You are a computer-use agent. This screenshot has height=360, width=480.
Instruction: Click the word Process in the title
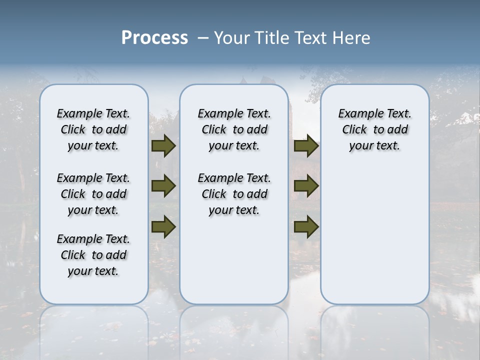(154, 38)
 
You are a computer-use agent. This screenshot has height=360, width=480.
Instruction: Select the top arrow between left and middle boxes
(163, 146)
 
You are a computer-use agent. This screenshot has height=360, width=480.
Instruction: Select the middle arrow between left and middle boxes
(163, 186)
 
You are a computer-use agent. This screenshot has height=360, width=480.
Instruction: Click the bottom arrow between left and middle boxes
(163, 226)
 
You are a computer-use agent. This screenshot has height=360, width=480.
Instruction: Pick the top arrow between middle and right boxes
(306, 146)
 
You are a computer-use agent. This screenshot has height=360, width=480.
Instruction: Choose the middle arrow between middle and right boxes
(306, 186)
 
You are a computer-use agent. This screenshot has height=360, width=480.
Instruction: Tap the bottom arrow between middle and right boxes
(306, 226)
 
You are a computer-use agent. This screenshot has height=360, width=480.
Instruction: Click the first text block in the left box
(93, 129)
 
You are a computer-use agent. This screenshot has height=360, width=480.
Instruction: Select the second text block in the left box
(93, 194)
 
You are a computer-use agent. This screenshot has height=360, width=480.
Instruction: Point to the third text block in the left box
(93, 255)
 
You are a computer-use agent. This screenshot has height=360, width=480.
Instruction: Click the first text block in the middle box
(234, 129)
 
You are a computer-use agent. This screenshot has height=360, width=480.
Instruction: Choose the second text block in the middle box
(234, 194)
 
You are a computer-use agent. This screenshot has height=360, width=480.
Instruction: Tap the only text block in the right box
(374, 129)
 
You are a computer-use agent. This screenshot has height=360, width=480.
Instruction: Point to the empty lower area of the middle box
(234, 260)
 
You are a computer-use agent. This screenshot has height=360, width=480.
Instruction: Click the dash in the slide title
(203, 38)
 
